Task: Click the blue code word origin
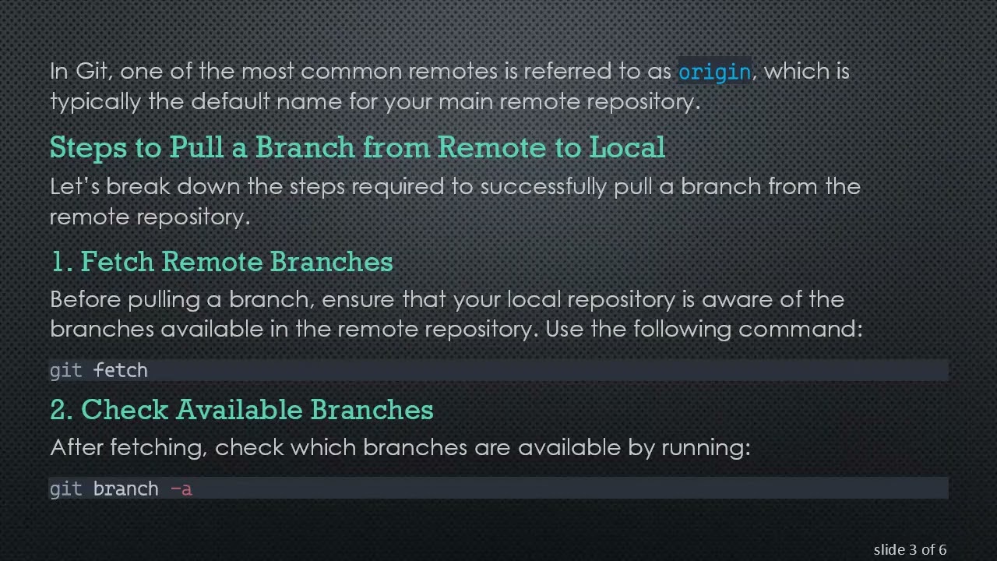coord(714,72)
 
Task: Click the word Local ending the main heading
coord(627,147)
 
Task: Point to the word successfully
coord(544,187)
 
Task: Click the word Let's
coord(75,187)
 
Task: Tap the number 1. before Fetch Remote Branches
coord(61,262)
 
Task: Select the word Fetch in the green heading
coord(118,262)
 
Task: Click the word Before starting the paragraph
coord(86,299)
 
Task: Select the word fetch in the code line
coord(120,370)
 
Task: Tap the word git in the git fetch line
coord(65,370)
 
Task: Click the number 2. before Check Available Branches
coord(62,410)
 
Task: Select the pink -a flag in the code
coord(181,489)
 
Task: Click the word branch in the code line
coord(125,489)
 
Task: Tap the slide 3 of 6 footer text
coord(909,550)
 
